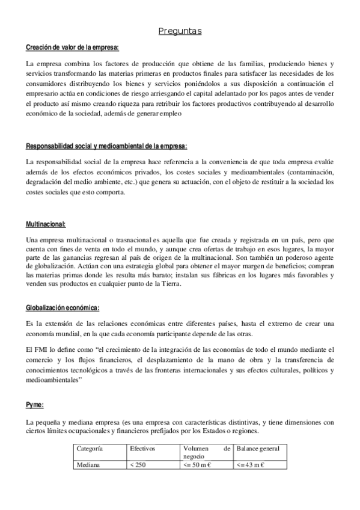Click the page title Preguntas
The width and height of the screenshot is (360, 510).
(x=180, y=31)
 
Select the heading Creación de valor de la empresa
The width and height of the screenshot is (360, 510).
(x=73, y=48)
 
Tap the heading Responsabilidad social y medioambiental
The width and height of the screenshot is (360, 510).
(x=106, y=146)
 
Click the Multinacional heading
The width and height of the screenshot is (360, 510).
(x=46, y=224)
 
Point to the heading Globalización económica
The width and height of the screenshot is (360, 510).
(x=63, y=308)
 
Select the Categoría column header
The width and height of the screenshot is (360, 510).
(x=90, y=449)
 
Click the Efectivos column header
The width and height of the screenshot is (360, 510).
(x=142, y=449)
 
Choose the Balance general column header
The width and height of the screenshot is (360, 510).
(x=258, y=449)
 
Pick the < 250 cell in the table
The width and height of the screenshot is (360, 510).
(x=138, y=464)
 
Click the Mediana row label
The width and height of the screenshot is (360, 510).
(x=88, y=464)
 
